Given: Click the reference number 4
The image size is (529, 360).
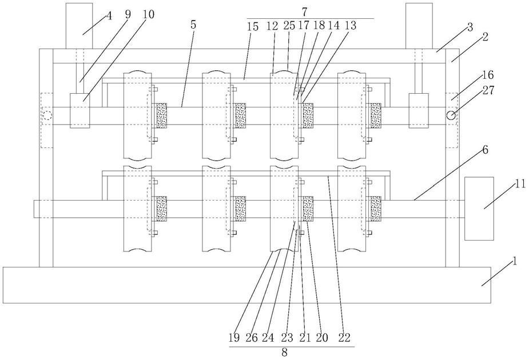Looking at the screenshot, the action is [109, 16].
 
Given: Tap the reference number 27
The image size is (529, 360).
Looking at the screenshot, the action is [488, 90].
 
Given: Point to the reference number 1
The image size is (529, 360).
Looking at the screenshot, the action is [515, 261].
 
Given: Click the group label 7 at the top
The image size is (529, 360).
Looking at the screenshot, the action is [304, 11].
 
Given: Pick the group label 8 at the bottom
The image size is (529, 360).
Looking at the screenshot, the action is [284, 353].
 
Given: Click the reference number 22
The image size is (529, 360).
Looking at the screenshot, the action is [344, 337].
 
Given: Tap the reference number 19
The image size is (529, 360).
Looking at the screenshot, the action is [234, 337].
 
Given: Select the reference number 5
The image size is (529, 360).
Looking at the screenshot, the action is [193, 25].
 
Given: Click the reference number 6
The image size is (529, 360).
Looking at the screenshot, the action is [485, 150].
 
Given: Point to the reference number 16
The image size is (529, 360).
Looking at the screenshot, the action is [488, 74].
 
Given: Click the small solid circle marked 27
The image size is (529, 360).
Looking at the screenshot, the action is [451, 115].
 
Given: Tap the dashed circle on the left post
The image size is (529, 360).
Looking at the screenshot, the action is [47, 115].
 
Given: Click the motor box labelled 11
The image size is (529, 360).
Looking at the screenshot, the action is [479, 209].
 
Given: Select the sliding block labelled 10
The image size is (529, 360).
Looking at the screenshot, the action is [80, 111].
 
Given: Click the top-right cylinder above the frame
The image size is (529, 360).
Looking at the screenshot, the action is [419, 26].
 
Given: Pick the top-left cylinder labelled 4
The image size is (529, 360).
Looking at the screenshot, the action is [79, 26].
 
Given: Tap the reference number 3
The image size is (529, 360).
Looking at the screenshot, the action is [470, 27].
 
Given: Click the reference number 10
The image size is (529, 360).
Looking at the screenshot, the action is [149, 14].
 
